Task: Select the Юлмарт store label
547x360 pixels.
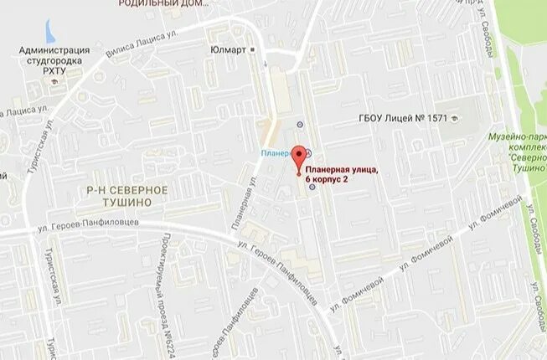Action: tap(229, 49)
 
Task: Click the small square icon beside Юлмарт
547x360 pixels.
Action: tap(254, 49)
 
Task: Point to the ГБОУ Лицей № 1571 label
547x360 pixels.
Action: tap(401, 118)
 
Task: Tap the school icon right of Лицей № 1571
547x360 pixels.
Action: tap(455, 118)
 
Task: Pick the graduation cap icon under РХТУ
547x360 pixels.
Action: tap(55, 82)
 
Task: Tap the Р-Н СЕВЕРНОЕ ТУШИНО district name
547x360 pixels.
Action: tap(127, 196)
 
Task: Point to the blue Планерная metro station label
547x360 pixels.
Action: tap(274, 153)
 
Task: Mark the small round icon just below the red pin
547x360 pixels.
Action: tap(312, 188)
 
